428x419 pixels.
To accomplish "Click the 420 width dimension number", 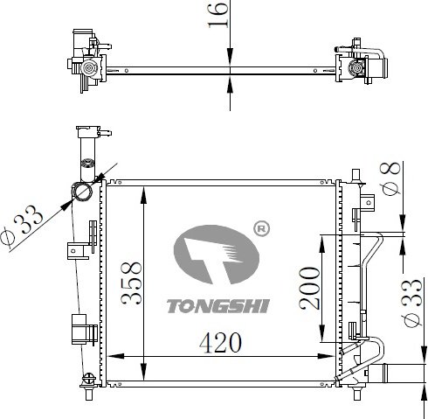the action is pos(220,343).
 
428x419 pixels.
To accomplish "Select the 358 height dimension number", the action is pos(131,283).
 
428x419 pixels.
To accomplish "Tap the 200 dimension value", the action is pos(309,288).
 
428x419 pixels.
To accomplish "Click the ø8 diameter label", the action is pos(390,178).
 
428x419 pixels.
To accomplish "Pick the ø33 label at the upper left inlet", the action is pos(21,225).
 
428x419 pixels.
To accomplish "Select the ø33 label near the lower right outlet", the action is pos(411,303).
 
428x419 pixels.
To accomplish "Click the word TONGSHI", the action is pos(217,306).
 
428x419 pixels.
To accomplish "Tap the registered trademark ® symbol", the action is pos(262,229).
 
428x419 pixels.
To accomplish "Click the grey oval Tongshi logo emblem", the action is pos(217,255).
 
